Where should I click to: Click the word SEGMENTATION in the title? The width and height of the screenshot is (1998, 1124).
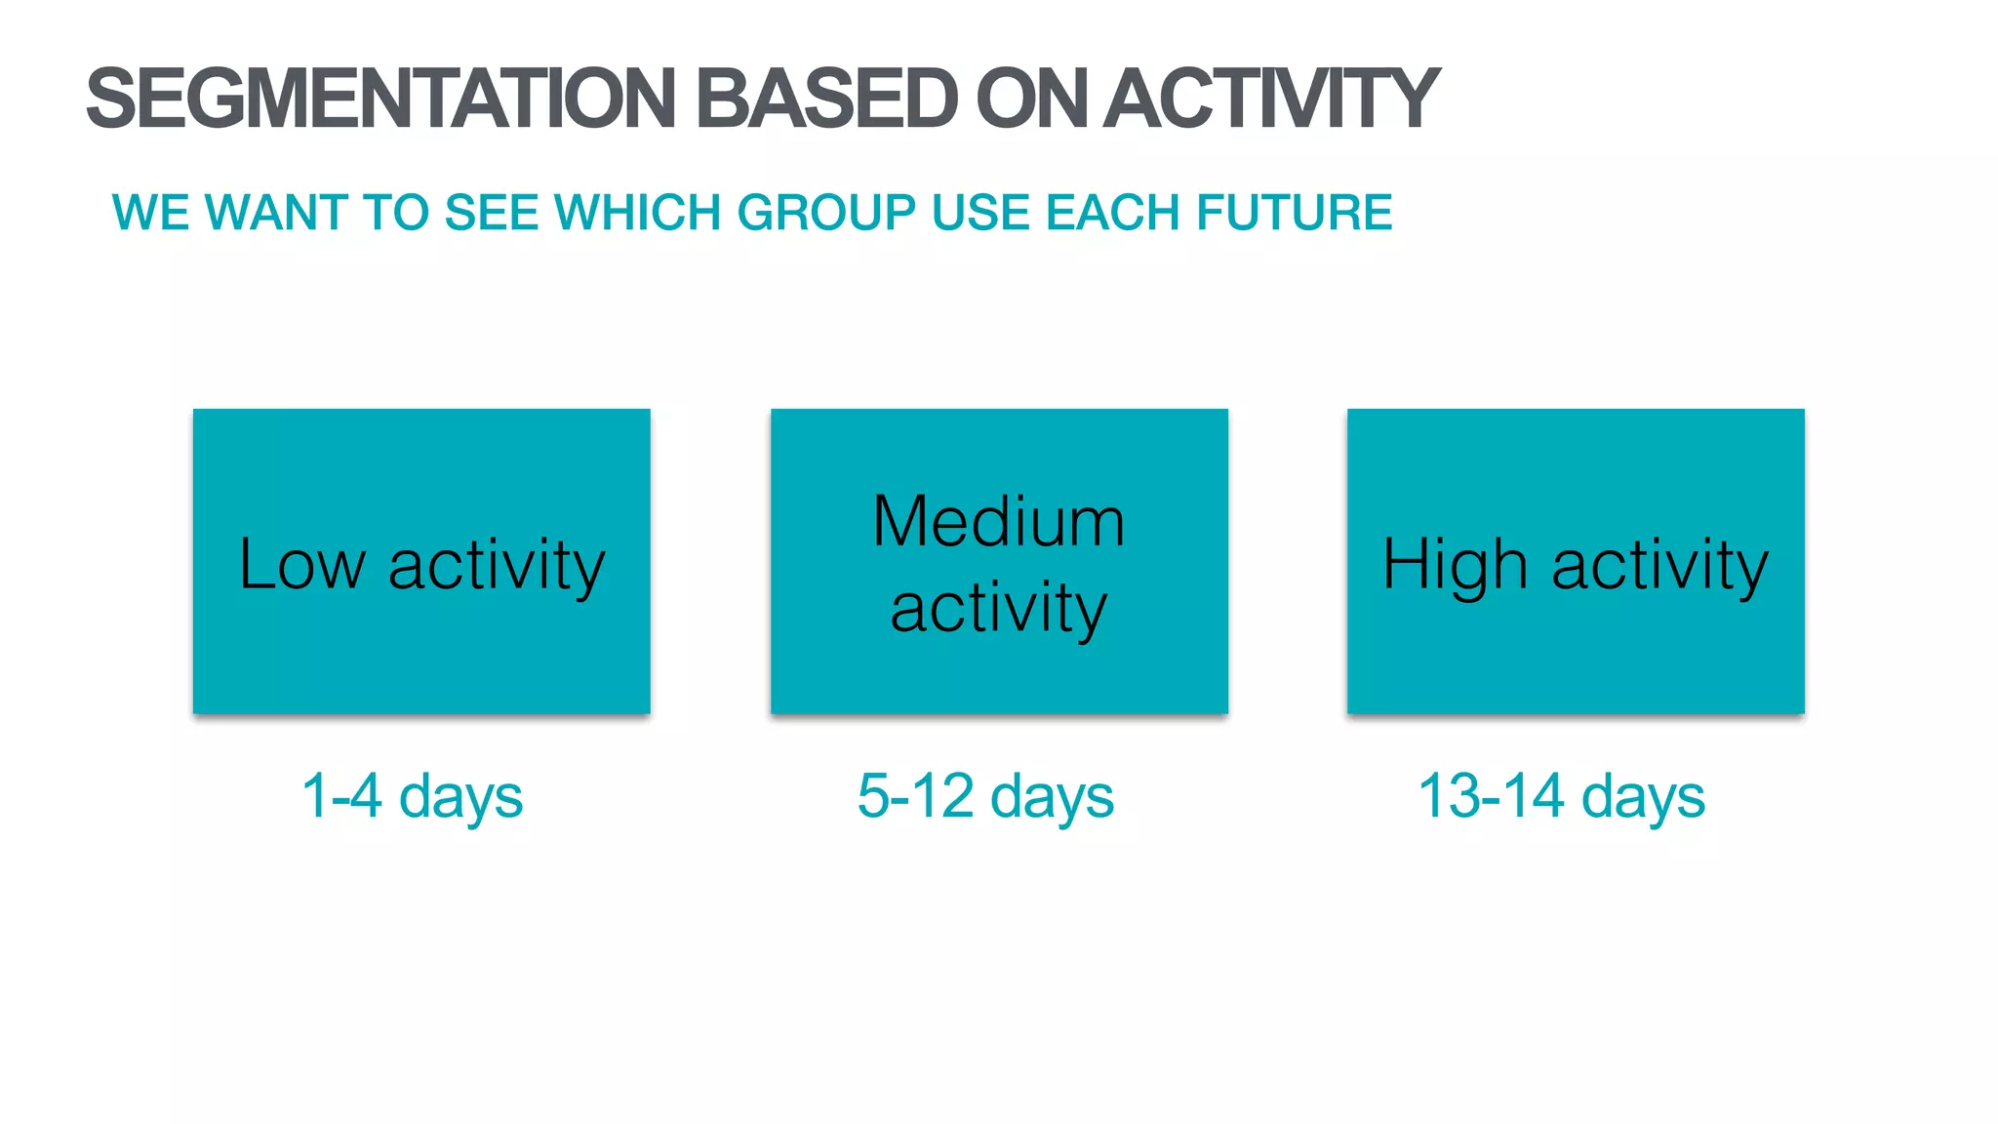click(x=380, y=99)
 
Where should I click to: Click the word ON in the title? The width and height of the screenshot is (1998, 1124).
click(x=1031, y=99)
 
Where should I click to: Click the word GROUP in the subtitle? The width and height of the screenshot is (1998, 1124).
click(x=826, y=213)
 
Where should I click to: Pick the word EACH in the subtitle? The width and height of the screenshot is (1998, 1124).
click(x=1113, y=213)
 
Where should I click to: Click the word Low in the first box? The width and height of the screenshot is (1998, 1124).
click(x=301, y=565)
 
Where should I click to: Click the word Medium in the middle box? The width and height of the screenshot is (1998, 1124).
click(x=998, y=522)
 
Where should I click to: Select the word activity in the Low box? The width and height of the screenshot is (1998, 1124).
click(x=497, y=565)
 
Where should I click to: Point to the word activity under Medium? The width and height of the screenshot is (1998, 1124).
click(x=998, y=609)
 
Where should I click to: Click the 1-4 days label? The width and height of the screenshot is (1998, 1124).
click(x=412, y=796)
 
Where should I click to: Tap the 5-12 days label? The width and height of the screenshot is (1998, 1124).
click(x=985, y=796)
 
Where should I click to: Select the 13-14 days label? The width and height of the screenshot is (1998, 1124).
click(x=1561, y=796)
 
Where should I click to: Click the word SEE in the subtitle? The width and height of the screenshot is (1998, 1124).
click(x=491, y=213)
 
